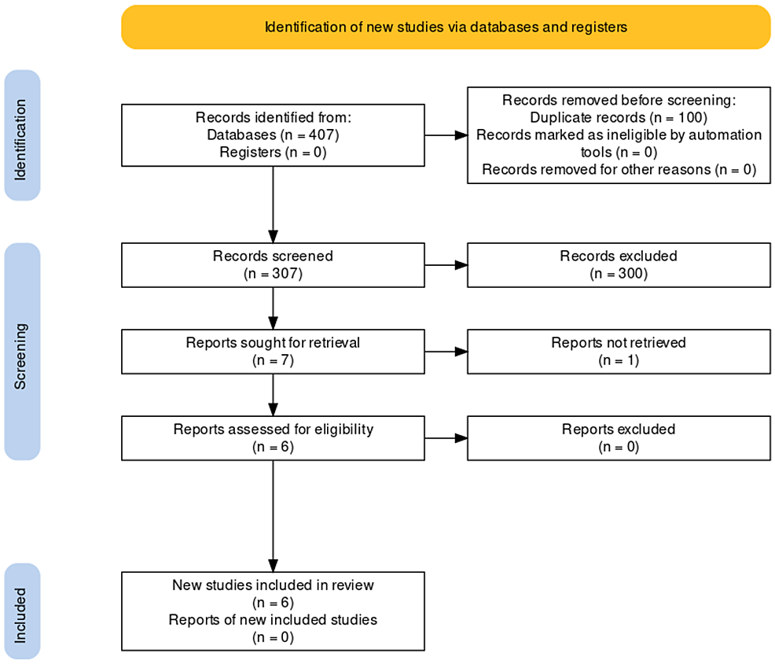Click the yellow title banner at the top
click(446, 27)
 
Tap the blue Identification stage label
click(22, 135)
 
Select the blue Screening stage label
click(22, 352)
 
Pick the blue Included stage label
click(22, 611)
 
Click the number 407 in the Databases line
click(322, 135)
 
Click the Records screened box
click(273, 264)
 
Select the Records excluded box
click(619, 264)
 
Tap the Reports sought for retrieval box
click(273, 352)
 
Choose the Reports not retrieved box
click(619, 352)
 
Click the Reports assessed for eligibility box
click(273, 438)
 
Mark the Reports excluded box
click(619, 438)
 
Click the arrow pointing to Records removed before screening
click(446, 135)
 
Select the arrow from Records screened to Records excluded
click(446, 264)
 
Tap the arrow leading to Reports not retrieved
click(446, 352)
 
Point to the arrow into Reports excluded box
click(446, 438)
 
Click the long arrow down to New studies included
click(273, 516)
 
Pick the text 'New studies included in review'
click(273, 585)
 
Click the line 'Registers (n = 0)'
click(273, 152)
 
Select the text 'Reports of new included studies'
click(273, 619)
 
